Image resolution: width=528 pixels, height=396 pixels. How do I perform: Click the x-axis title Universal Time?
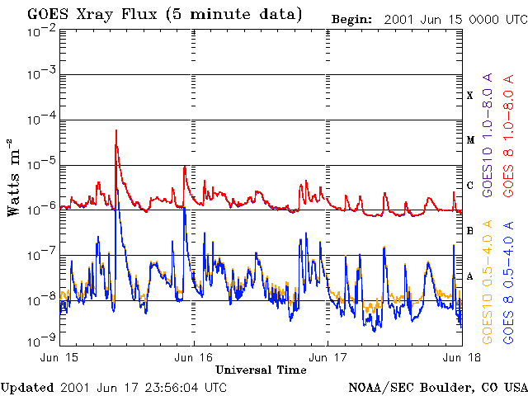261,370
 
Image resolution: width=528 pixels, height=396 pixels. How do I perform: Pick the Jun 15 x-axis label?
59,357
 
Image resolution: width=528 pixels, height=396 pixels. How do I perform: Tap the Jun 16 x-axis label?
193,357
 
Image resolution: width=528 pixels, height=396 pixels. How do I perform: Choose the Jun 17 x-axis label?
328,357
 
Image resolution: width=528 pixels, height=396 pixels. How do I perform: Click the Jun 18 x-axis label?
462,357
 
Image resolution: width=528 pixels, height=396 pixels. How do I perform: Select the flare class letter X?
470,96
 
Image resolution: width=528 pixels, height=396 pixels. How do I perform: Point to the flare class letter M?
470,140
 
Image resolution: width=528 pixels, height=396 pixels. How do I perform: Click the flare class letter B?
470,231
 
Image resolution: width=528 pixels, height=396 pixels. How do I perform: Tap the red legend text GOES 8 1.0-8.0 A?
509,135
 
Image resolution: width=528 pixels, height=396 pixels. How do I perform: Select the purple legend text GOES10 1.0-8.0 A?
488,134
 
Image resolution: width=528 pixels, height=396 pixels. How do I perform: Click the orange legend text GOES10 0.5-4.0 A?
488,282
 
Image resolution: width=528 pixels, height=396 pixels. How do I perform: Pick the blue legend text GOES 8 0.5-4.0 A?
509,282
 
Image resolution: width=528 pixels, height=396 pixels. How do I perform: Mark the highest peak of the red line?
116,130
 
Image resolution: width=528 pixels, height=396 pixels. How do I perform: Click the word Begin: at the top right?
352,20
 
